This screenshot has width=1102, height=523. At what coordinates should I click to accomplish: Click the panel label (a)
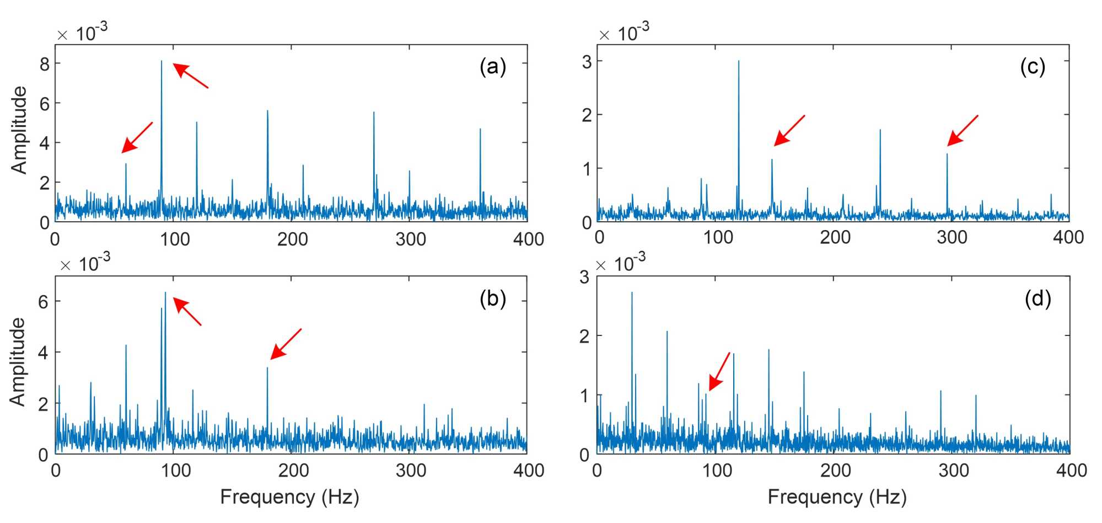492,67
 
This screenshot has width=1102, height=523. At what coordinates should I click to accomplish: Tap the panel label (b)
492,298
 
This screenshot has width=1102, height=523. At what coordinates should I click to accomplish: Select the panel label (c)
1033,67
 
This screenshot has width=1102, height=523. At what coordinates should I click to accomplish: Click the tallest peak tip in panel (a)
162,61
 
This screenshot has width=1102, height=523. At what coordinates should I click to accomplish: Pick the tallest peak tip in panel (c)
739,61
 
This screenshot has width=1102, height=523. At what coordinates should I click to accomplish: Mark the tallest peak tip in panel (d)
632,292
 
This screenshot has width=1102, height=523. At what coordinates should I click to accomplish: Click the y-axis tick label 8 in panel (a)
45,64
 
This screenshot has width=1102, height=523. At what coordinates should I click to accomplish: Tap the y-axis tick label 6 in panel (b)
44,301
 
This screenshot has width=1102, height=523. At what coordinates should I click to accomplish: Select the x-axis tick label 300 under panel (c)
952,237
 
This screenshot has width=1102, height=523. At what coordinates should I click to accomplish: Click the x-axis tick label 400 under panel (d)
1071,470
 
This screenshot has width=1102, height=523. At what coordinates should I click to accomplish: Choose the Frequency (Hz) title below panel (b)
289,497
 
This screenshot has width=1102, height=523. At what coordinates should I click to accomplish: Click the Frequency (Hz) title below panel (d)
837,497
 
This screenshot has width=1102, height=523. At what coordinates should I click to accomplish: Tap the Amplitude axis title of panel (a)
19,130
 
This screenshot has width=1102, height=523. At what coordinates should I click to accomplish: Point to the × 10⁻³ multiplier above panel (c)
623,33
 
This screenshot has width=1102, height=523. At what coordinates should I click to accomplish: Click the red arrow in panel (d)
719,371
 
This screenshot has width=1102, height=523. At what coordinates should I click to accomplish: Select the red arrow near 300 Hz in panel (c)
963,131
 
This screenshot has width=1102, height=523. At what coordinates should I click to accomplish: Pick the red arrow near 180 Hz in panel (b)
286,344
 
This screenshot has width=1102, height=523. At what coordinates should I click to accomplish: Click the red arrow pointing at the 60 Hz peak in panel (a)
137,137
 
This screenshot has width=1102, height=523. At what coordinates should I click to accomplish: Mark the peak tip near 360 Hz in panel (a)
480,129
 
